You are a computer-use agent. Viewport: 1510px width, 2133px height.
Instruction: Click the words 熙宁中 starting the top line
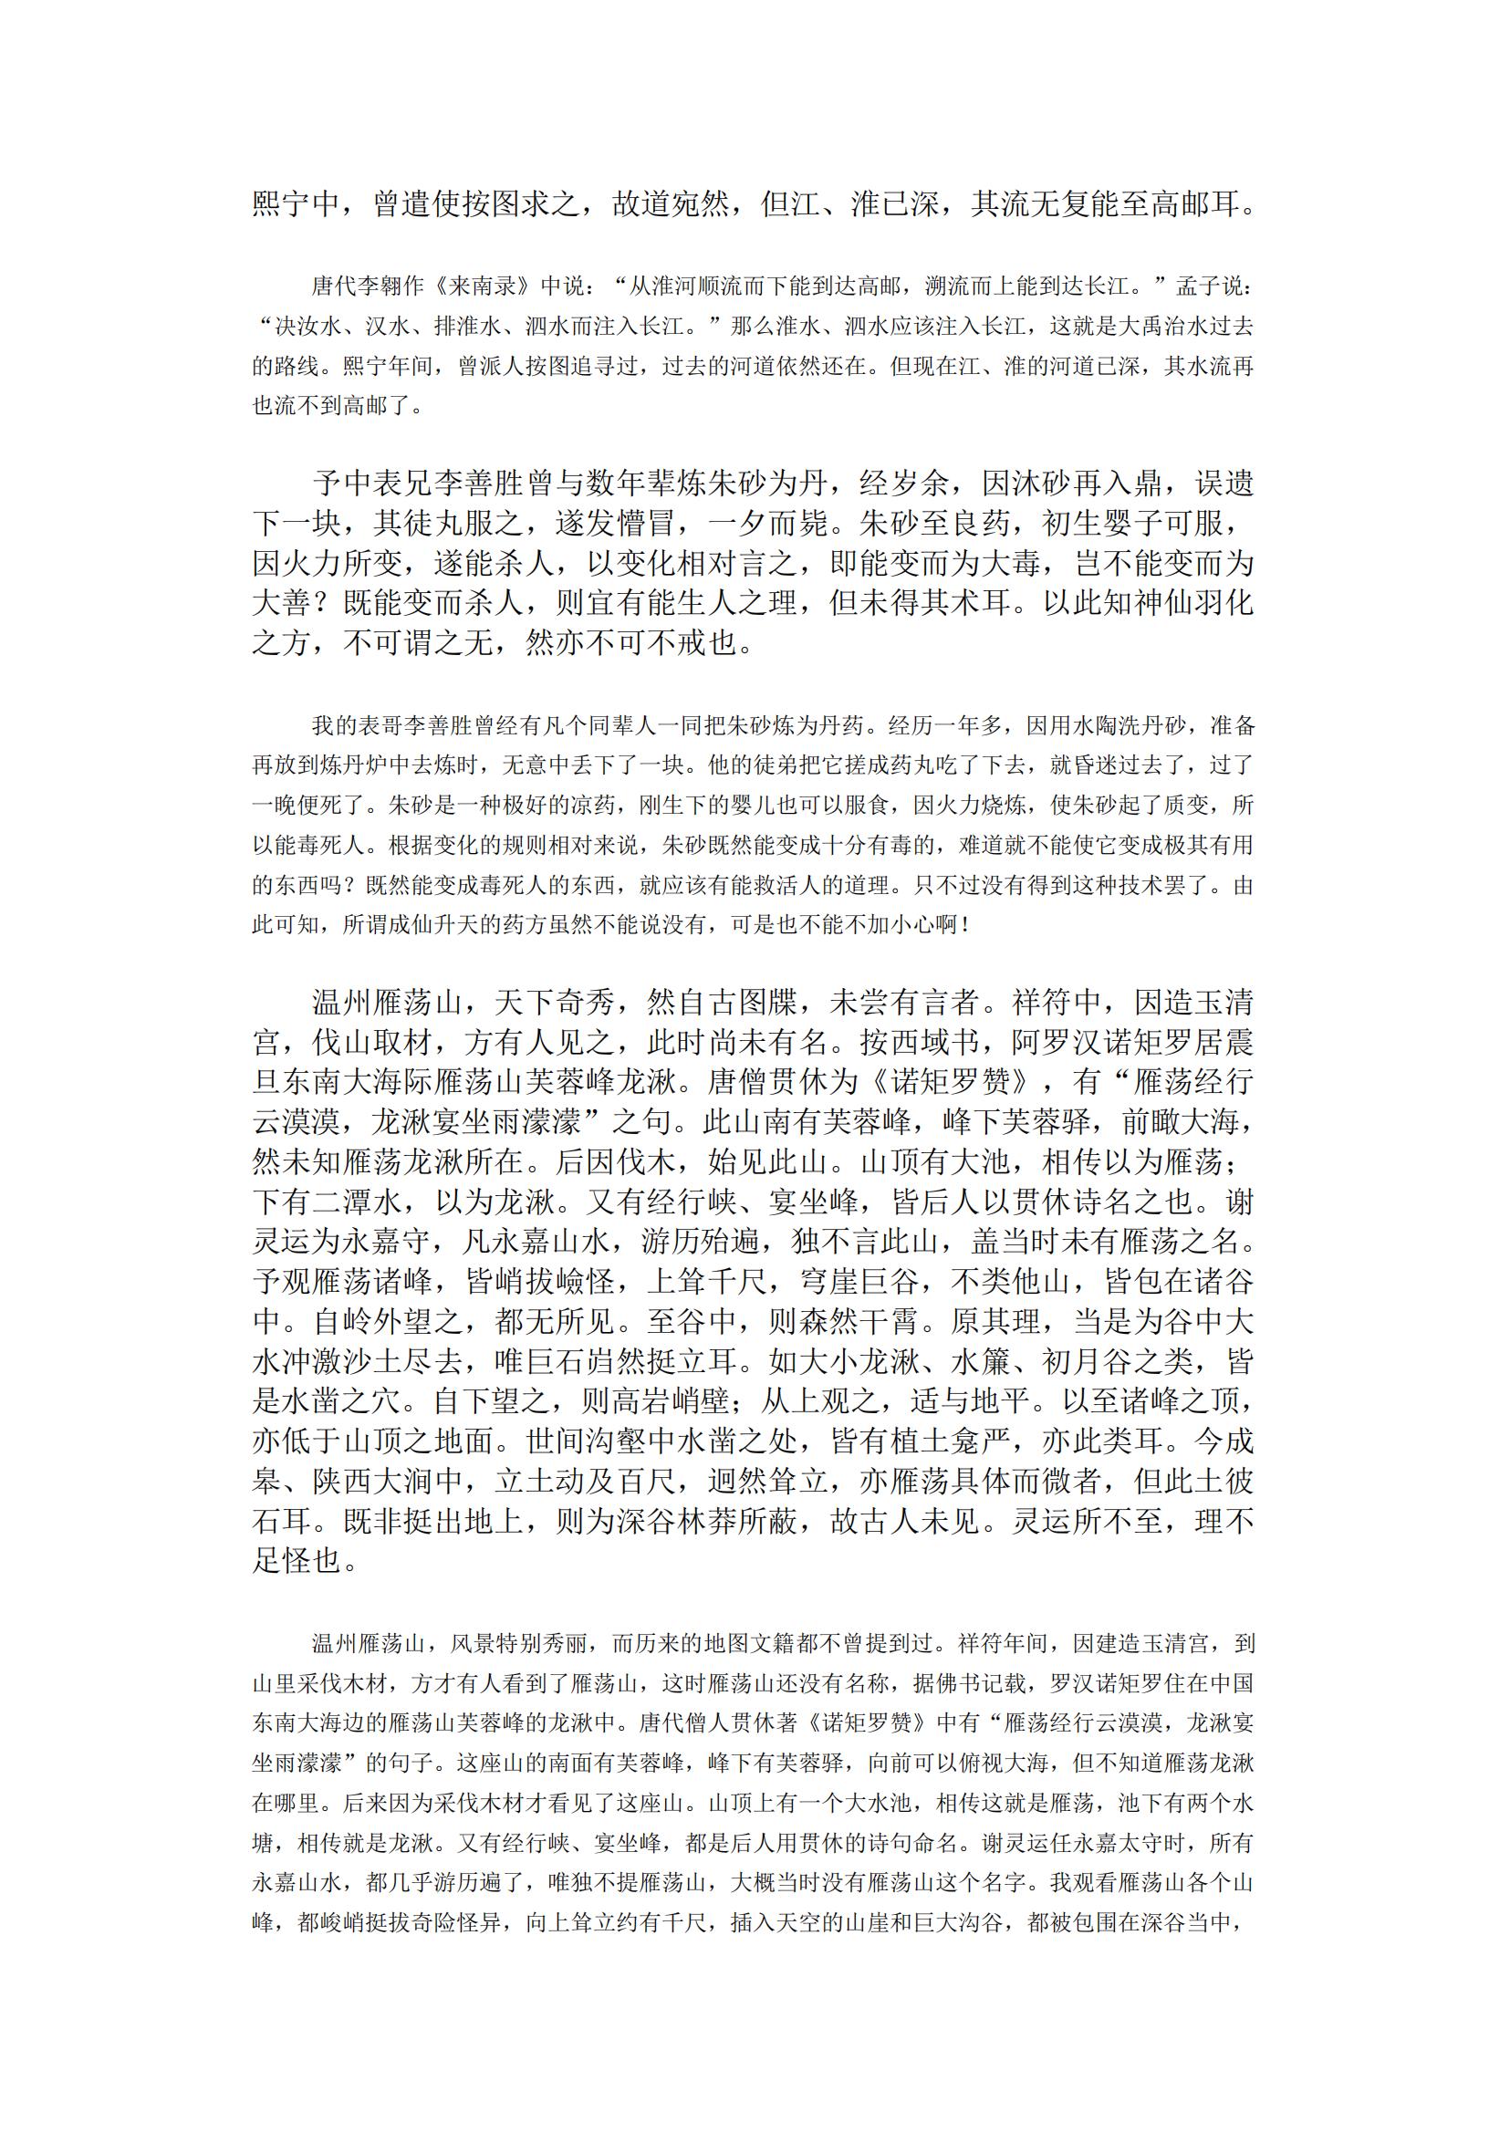point(297,204)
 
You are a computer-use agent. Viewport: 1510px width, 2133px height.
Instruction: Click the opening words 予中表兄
point(372,484)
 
